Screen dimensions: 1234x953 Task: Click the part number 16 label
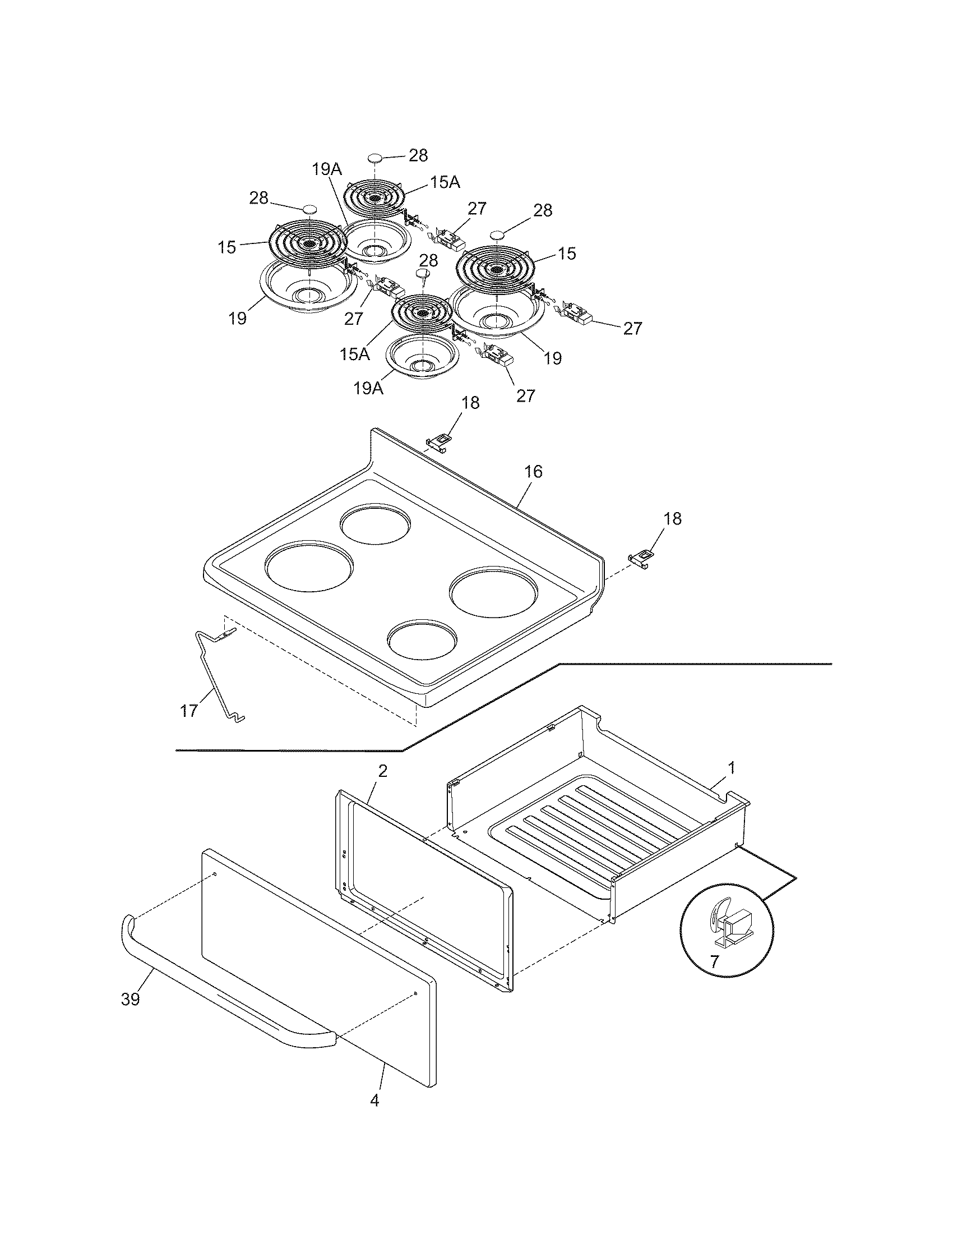[533, 471]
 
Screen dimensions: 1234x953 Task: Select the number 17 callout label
[188, 710]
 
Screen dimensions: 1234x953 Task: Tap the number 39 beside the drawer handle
[130, 1000]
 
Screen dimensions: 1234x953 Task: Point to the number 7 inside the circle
[715, 961]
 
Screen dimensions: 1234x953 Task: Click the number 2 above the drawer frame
[382, 771]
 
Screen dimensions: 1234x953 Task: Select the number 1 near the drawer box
[732, 768]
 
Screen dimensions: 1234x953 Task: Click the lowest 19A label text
[369, 389]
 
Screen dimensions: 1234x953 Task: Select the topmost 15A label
[445, 182]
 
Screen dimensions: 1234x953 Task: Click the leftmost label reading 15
[227, 247]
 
